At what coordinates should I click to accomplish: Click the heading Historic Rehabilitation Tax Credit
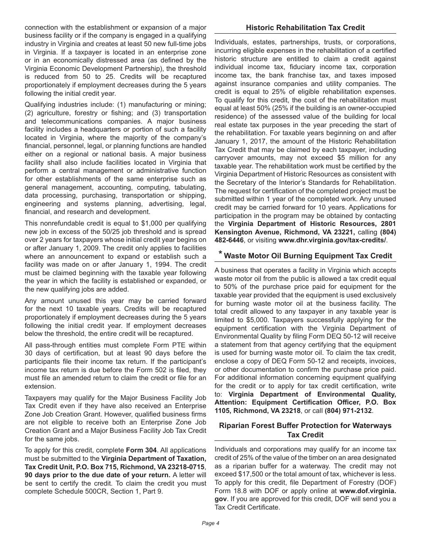coord(305,27)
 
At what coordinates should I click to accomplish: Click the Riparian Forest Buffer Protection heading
coord(305,425)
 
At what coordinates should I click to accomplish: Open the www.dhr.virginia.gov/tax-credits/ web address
coord(332,240)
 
